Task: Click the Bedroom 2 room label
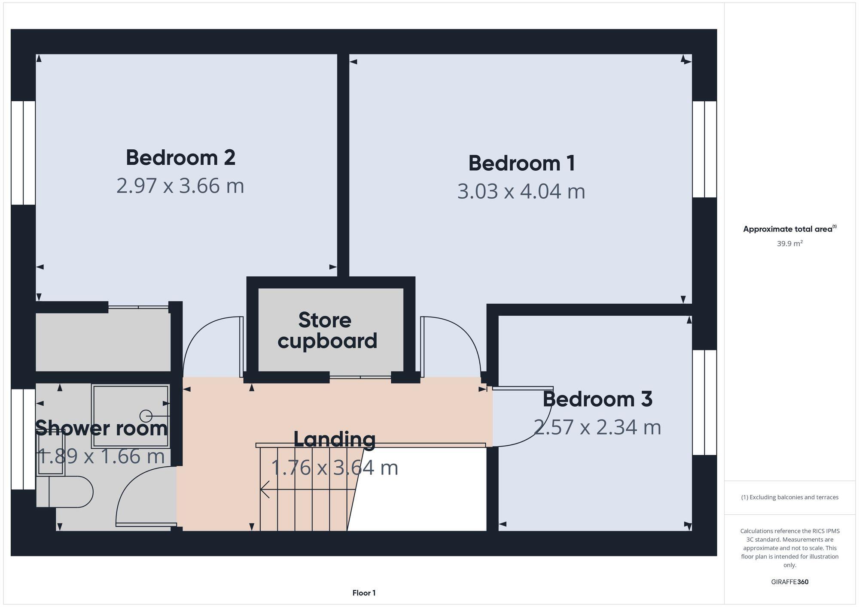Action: [180, 158]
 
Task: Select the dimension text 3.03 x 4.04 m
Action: [521, 191]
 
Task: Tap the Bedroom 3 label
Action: [597, 399]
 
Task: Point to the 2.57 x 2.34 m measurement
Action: [597, 427]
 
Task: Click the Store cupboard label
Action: [327, 331]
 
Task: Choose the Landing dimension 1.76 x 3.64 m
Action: [334, 468]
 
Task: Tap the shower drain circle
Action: [146, 416]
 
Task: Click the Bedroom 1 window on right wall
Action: [704, 149]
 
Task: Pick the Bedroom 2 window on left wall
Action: [23, 153]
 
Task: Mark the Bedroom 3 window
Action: [704, 402]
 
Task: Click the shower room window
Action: [23, 439]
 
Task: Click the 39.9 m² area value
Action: [789, 244]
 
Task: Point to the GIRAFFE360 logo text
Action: [789, 582]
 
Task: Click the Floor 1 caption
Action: [364, 593]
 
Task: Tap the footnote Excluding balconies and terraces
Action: [789, 497]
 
